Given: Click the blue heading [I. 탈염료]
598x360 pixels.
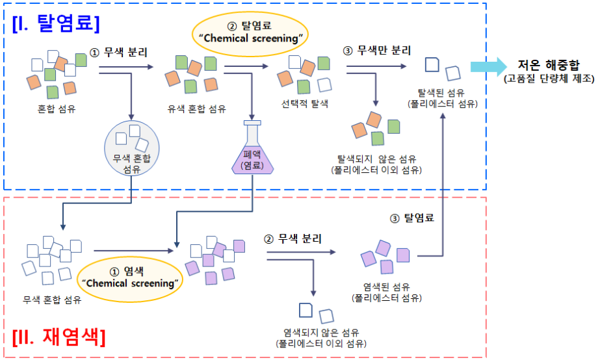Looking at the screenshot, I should [56, 23].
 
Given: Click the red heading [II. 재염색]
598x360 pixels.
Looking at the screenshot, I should [60, 338].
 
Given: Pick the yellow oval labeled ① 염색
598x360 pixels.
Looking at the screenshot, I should [131, 277].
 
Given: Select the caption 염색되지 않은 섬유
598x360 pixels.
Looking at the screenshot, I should [321, 332].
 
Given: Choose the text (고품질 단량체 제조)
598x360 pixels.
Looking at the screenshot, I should [549, 79].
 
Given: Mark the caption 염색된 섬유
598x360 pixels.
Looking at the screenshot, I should [386, 287].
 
